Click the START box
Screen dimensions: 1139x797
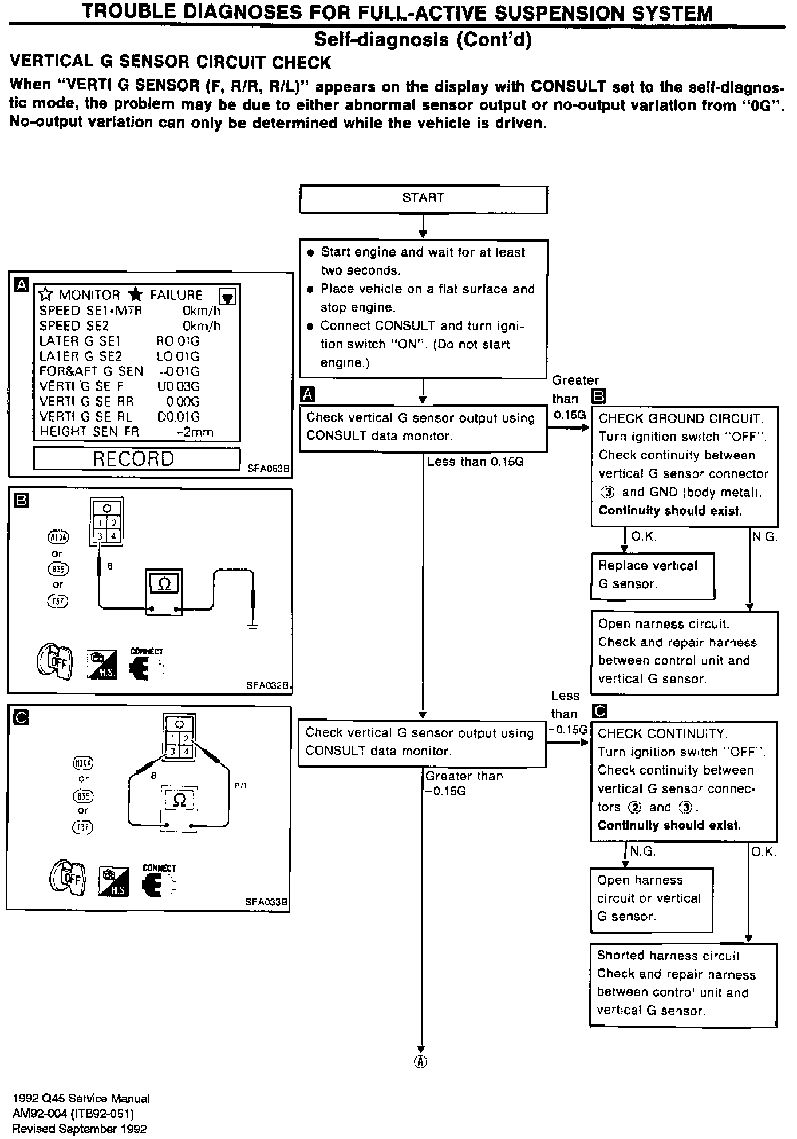[x=423, y=199]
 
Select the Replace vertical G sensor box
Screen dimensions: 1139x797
[x=653, y=575]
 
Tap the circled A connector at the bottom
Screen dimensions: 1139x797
[x=421, y=1061]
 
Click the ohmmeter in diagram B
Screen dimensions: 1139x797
[x=164, y=592]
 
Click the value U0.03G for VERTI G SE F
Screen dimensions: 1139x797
[x=178, y=387]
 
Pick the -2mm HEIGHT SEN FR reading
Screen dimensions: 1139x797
[x=195, y=432]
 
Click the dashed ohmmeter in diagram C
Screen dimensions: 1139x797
[x=179, y=800]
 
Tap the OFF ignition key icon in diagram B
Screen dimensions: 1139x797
[x=54, y=662]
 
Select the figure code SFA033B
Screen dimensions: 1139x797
[x=267, y=902]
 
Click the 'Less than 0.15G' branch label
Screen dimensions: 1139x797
[x=475, y=462]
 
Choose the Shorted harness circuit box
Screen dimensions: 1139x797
[x=683, y=985]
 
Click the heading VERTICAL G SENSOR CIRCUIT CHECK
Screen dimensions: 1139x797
[x=171, y=62]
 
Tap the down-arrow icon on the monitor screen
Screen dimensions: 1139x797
[x=228, y=297]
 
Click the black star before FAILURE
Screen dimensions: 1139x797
[x=136, y=295]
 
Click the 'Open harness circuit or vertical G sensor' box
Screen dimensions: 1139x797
[x=651, y=898]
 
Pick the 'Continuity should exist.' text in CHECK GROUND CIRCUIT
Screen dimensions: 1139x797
[x=669, y=511]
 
